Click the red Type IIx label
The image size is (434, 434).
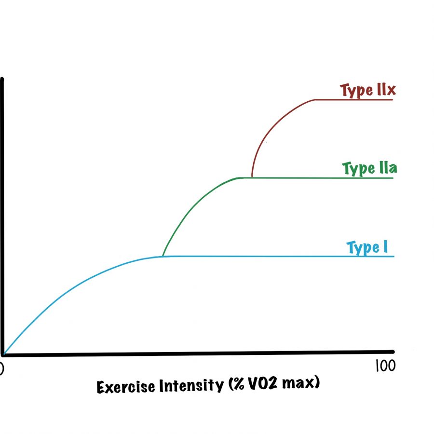(x=368, y=90)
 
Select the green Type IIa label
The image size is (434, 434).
(x=369, y=168)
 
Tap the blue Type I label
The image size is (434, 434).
(x=367, y=247)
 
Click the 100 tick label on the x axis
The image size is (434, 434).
(x=386, y=366)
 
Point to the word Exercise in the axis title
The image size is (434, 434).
(x=126, y=387)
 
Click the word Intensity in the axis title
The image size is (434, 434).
(x=191, y=385)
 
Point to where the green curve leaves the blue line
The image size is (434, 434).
(x=163, y=257)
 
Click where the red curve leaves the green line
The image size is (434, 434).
(x=252, y=177)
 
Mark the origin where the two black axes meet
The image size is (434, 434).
(x=3, y=354)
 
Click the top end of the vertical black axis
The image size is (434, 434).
(x=2, y=79)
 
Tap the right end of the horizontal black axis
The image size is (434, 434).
(x=393, y=352)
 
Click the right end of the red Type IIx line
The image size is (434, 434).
(x=393, y=99)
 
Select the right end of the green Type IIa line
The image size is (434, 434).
(x=393, y=178)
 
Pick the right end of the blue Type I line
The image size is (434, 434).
(x=394, y=257)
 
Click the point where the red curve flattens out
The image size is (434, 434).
(x=315, y=99)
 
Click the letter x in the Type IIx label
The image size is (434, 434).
(x=391, y=90)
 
